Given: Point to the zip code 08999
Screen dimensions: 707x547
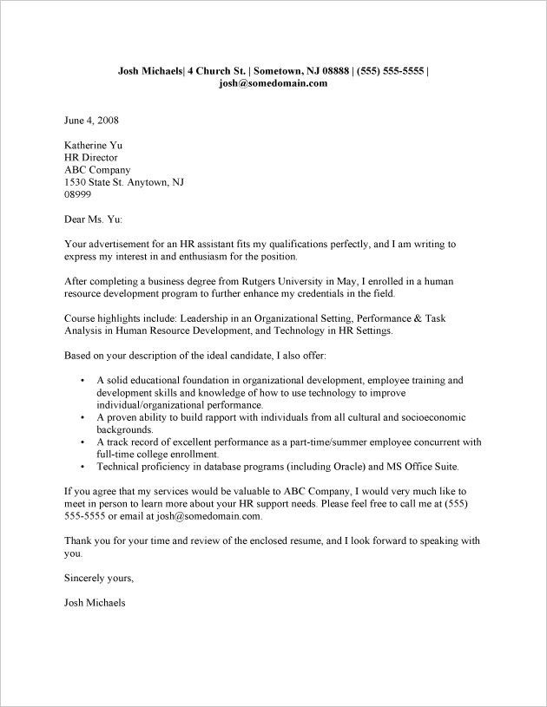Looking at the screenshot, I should (79, 195).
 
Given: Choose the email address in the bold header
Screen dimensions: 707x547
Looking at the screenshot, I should (273, 83).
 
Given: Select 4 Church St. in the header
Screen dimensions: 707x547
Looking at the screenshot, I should (209, 70).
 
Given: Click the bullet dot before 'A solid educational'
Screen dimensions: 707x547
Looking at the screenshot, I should (81, 381).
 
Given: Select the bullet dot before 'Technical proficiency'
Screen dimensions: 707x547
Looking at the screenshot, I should (81, 466).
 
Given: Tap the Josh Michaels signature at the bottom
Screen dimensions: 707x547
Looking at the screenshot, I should (96, 602).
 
